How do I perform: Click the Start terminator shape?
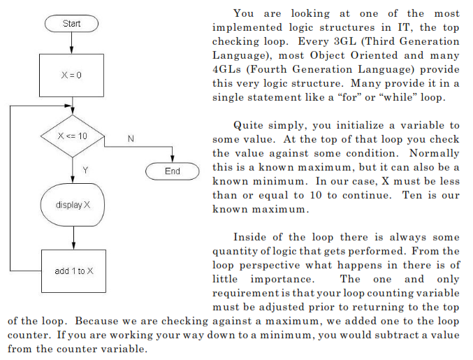[72, 24]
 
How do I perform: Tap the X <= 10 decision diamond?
[72, 135]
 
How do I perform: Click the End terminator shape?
[173, 171]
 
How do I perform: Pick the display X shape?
[72, 205]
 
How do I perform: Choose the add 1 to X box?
[73, 271]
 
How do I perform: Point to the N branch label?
[131, 139]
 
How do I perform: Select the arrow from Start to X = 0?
[72, 43]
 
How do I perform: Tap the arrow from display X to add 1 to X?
[73, 238]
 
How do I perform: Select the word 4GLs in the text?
[226, 69]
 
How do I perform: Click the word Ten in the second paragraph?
[413, 195]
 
